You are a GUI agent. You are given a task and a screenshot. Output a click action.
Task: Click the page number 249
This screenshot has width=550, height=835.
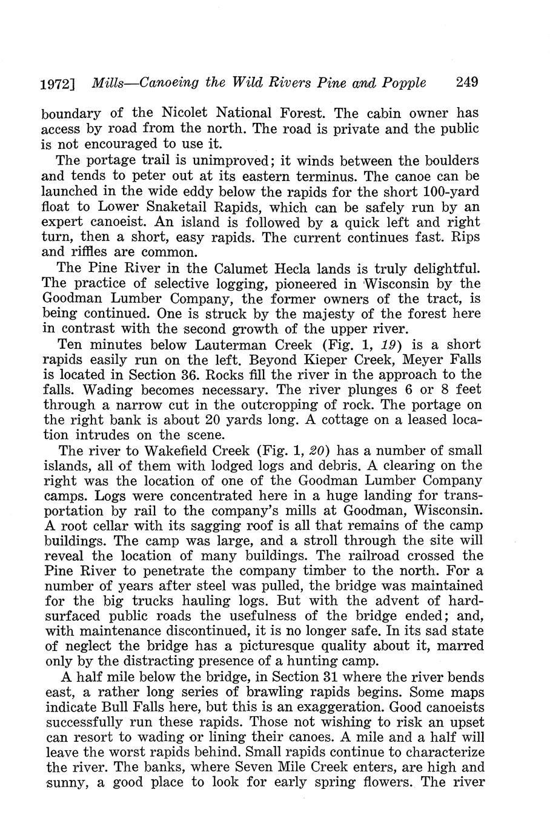466,82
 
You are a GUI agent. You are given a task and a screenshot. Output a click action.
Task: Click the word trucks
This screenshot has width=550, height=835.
154,601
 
